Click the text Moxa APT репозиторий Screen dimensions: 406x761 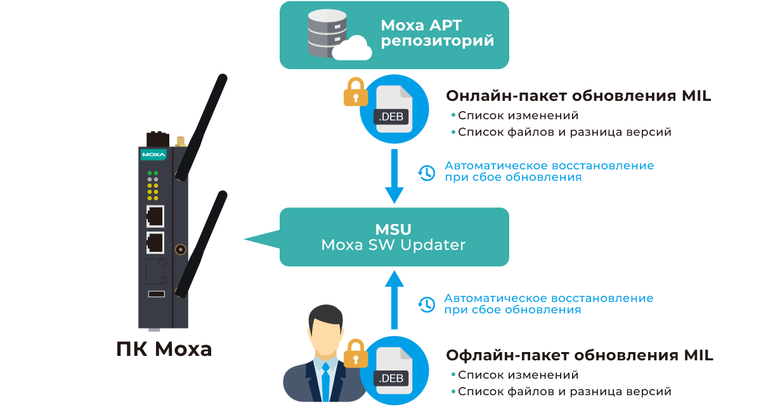[437, 34]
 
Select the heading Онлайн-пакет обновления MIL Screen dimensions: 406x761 [578, 96]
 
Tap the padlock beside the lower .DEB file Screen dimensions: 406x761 [356, 353]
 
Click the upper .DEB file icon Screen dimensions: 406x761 [393, 109]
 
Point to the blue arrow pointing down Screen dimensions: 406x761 [394, 178]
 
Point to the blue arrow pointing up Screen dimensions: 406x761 [394, 298]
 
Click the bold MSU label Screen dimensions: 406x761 [393, 229]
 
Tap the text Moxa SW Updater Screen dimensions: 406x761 [393, 245]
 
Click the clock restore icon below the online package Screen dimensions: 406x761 [427, 173]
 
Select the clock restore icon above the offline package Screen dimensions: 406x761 [427, 304]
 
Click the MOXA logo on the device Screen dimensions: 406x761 [153, 155]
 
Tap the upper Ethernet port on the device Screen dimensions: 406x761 [155, 216]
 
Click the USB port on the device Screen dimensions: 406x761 [156, 294]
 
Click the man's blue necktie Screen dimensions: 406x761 [325, 381]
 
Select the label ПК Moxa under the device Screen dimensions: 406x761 [164, 349]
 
